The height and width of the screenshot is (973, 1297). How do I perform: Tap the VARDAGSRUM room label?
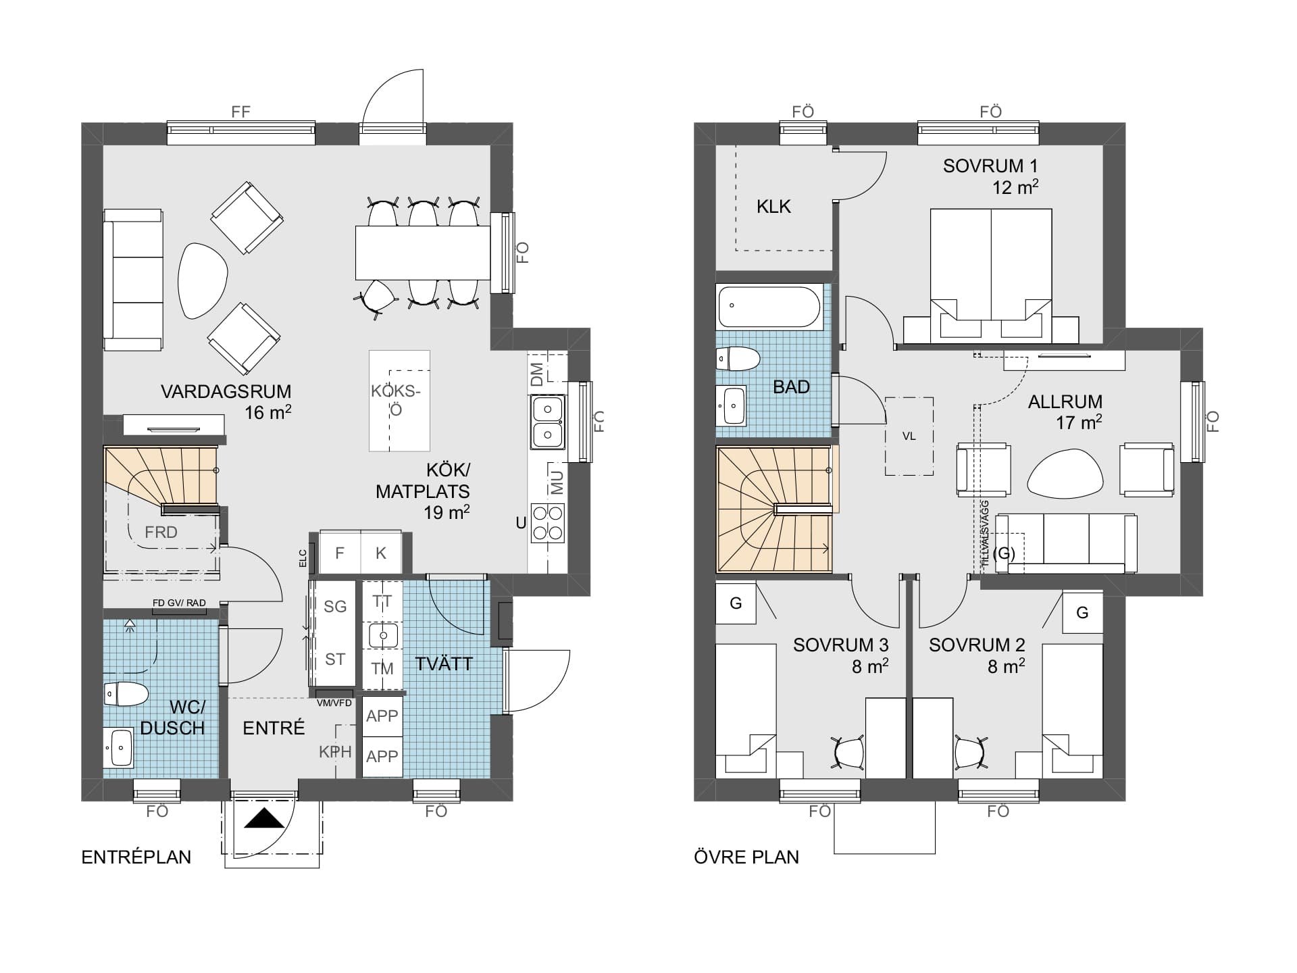click(226, 392)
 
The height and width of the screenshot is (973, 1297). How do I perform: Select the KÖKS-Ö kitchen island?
click(399, 400)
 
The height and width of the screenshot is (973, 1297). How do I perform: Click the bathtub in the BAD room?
click(769, 306)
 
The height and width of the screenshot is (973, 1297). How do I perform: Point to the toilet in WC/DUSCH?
click(126, 694)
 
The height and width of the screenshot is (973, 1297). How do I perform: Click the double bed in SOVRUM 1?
click(991, 274)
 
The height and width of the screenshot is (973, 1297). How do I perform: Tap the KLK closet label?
click(773, 207)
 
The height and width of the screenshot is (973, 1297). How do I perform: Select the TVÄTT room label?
click(444, 664)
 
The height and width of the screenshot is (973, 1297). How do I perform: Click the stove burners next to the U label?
click(548, 523)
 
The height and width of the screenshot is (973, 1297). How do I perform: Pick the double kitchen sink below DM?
click(548, 422)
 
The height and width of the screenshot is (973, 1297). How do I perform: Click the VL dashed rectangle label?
click(909, 436)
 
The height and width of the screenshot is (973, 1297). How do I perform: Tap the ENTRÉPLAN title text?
click(136, 857)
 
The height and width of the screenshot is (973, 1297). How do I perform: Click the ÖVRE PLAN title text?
click(746, 857)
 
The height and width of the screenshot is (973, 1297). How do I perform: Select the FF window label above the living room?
click(241, 112)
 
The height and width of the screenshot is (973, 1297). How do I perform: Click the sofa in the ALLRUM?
click(1066, 543)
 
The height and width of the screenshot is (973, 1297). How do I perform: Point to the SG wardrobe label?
click(335, 607)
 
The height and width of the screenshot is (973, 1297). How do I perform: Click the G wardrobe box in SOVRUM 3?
click(736, 603)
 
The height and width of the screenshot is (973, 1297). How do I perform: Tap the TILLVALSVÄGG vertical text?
click(985, 533)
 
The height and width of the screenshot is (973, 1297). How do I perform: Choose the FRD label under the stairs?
click(161, 532)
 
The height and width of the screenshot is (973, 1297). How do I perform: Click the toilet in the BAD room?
click(738, 359)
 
